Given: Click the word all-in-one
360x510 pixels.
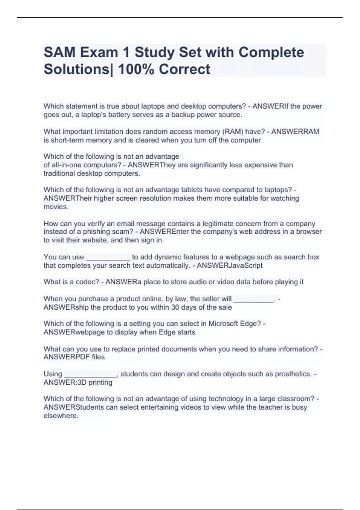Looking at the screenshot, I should [x=62, y=165].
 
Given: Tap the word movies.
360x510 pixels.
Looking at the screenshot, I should [x=56, y=207].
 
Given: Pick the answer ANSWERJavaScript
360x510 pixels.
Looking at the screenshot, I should [x=229, y=265].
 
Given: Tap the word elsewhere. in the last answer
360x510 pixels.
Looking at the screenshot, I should [x=61, y=416].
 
